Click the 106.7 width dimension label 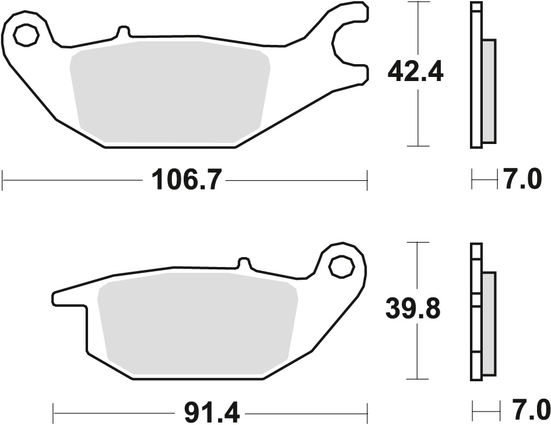pyautogui.click(x=186, y=180)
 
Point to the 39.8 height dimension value pyautogui.click(x=413, y=308)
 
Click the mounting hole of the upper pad pyautogui.click(x=26, y=36)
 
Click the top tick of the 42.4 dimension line pyautogui.click(x=417, y=3)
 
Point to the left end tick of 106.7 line pyautogui.click(x=3, y=180)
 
